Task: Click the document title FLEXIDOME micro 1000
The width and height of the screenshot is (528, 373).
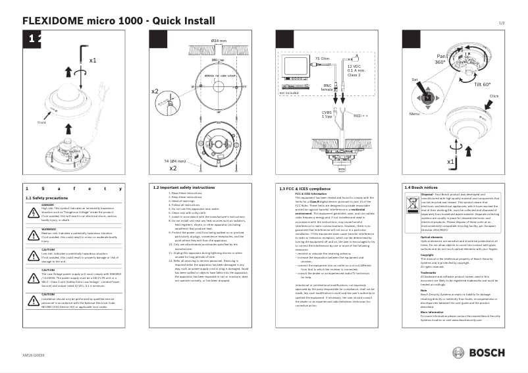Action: [86, 20]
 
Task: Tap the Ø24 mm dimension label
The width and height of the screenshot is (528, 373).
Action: [219, 41]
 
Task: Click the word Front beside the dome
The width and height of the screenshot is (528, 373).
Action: [42, 122]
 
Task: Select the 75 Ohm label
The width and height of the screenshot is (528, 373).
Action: [322, 59]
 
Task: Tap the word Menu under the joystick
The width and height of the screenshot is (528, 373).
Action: [414, 114]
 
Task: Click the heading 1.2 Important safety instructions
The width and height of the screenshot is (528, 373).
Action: [184, 187]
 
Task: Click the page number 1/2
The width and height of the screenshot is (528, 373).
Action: [501, 23]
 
